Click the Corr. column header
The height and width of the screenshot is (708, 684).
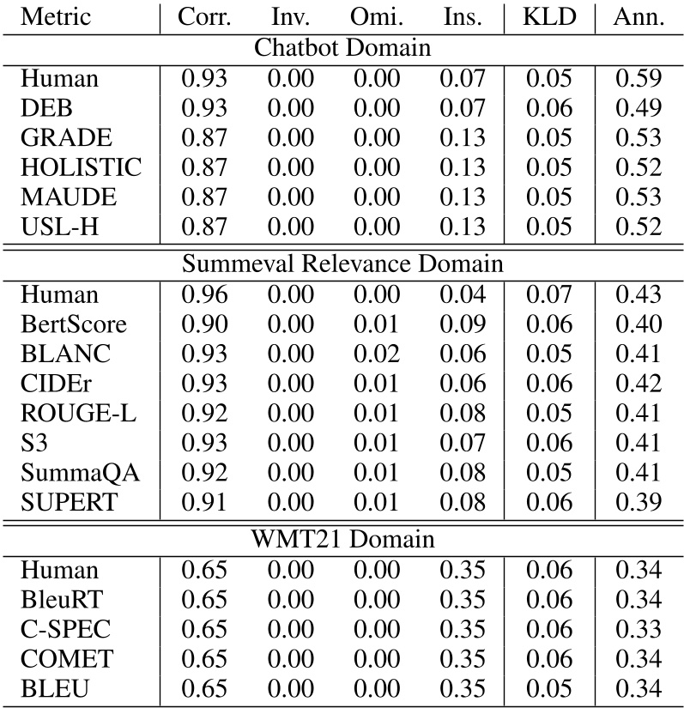[x=204, y=17]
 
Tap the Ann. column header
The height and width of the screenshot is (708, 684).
[x=639, y=17]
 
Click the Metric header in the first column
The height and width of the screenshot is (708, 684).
[x=57, y=17]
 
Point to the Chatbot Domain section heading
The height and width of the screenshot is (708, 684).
[x=342, y=48]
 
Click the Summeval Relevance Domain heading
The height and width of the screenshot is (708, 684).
[x=342, y=263]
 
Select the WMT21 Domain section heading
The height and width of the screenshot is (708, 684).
[x=342, y=540]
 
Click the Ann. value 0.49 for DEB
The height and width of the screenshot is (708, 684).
[x=639, y=108]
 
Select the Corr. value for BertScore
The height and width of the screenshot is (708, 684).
[x=204, y=324]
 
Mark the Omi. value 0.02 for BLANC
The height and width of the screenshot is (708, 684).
[x=377, y=354]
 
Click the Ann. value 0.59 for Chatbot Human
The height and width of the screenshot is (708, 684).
[x=639, y=78]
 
